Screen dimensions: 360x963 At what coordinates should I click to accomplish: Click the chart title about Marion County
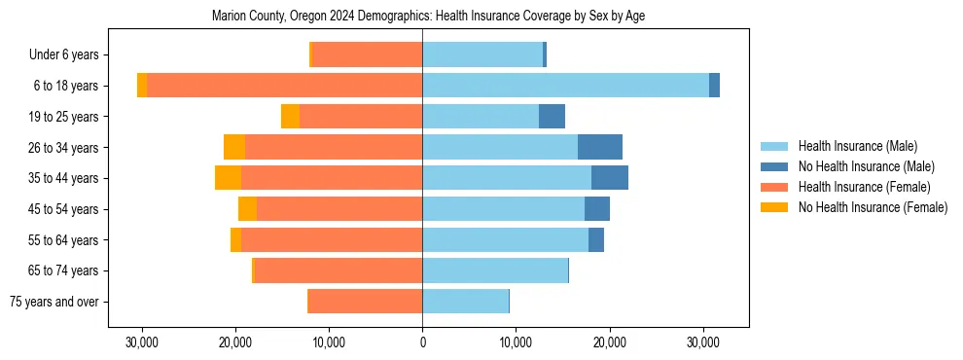(428, 16)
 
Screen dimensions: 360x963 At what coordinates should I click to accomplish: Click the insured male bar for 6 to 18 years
(565, 86)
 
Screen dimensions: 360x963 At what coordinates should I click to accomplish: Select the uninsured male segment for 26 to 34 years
(600, 147)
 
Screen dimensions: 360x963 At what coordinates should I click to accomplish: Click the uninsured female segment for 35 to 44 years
(229, 178)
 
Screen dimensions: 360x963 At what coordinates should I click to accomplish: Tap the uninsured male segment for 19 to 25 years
(552, 117)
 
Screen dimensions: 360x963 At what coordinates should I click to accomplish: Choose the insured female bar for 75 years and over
(365, 302)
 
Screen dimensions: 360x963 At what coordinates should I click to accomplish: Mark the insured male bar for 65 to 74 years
(495, 270)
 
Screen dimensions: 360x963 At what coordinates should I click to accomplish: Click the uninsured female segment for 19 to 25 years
(290, 117)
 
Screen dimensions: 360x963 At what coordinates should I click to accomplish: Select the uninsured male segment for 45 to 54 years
(597, 209)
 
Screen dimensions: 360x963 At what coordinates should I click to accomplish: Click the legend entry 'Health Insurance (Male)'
(857, 146)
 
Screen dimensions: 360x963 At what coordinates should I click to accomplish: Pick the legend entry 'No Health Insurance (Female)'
(873, 207)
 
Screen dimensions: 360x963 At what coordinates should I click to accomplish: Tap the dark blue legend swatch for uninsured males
(774, 166)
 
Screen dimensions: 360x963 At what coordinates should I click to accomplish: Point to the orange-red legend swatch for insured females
(774, 187)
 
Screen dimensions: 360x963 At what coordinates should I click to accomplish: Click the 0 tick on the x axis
(422, 342)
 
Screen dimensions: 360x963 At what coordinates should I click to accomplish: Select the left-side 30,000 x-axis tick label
(142, 342)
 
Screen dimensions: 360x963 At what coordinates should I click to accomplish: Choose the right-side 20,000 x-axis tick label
(609, 342)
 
